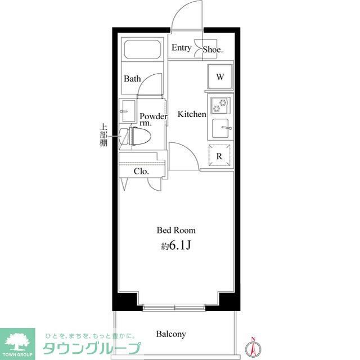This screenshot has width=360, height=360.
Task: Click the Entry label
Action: [181, 48]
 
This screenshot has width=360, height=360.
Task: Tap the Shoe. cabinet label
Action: [213, 49]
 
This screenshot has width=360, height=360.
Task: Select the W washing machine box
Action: [220, 77]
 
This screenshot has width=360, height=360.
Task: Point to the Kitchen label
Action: [192, 114]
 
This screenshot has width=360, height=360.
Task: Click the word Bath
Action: [132, 79]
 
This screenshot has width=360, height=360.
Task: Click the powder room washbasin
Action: [127, 108]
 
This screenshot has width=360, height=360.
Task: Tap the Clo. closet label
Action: [141, 172]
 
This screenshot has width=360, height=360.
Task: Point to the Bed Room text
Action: [176, 230]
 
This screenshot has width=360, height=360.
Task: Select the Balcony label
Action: [171, 334]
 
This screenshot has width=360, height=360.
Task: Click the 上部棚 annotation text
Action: [104, 135]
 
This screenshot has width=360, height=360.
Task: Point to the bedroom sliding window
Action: [175, 308]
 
